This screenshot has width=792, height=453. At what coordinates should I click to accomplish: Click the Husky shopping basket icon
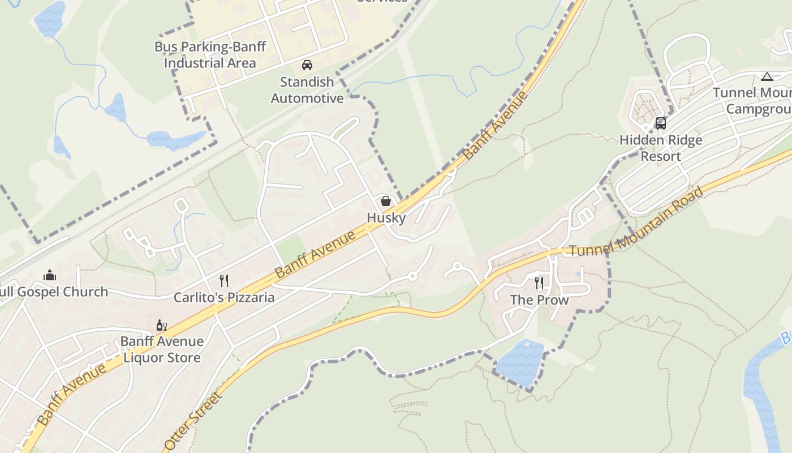[385, 201]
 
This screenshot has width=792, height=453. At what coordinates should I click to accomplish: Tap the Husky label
[386, 217]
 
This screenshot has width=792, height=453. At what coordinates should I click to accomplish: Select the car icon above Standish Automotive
[307, 65]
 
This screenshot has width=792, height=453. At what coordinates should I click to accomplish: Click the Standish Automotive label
[307, 90]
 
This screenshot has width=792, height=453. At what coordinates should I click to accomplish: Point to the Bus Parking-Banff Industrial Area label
[210, 55]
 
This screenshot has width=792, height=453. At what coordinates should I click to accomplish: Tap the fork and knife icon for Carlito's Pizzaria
[224, 280]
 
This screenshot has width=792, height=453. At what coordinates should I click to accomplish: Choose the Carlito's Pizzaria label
[224, 297]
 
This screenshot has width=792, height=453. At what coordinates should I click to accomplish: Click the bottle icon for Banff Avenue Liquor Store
[161, 325]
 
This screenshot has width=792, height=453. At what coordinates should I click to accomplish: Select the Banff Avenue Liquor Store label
[162, 349]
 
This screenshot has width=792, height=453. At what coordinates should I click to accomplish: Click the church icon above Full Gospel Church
[50, 276]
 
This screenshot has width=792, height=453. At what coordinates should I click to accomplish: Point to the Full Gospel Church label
[54, 292]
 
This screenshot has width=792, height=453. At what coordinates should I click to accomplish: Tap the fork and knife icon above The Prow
[539, 283]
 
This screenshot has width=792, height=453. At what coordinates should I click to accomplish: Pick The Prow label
[539, 300]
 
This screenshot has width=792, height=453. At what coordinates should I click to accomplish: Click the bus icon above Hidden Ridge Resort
[660, 123]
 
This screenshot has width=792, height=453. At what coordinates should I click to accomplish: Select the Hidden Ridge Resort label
[661, 148]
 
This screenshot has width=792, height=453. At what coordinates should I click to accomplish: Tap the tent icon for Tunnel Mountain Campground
[767, 76]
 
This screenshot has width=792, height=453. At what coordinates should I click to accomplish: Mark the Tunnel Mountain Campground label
[752, 100]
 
